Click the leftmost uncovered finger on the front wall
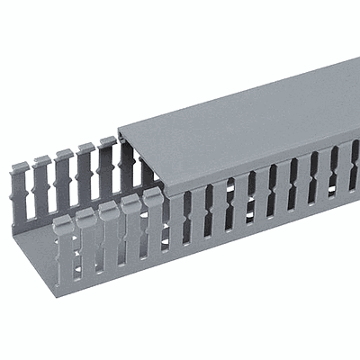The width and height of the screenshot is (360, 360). coord(63,247)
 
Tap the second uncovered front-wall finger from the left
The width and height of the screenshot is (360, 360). coord(86,238)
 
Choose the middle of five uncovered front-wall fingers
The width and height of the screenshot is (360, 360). coord(109,231)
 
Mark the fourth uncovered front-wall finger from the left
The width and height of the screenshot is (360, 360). coord(131,225)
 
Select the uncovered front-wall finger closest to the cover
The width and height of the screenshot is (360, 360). coord(154,218)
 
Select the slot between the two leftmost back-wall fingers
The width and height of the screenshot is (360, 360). coord(31,193)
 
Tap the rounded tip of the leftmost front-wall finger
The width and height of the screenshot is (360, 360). coord(62,221)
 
